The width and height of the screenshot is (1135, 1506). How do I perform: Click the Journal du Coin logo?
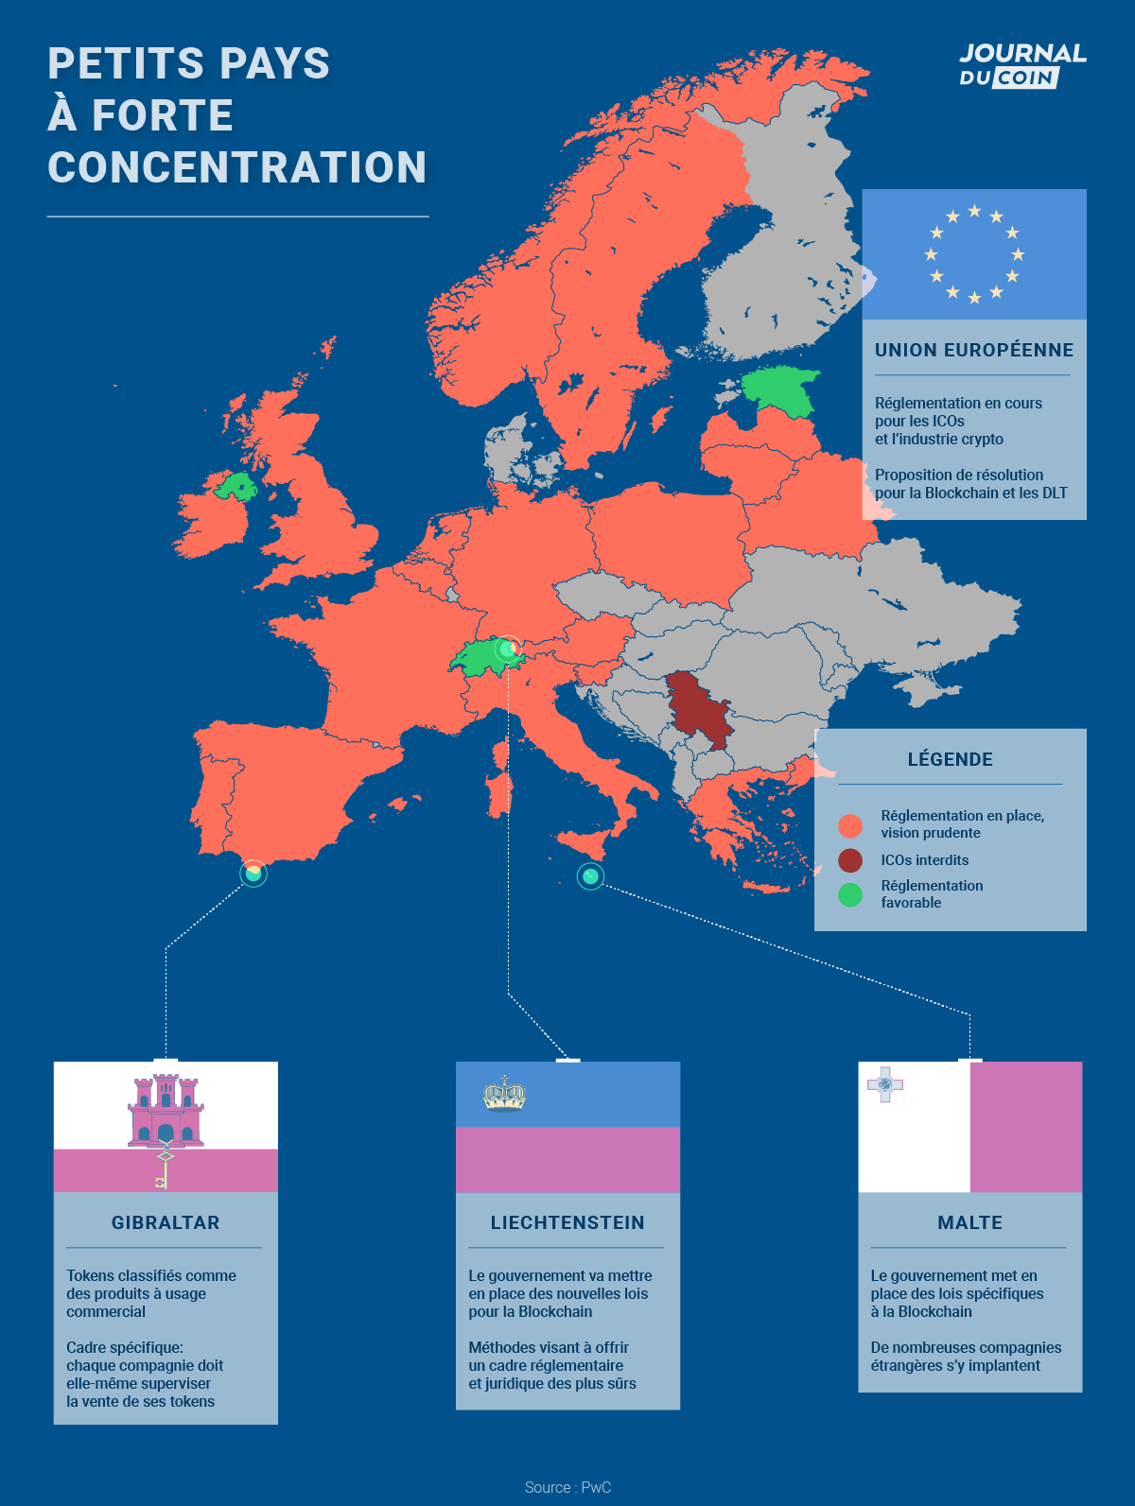tap(1022, 65)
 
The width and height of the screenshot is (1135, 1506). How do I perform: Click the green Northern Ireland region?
tap(236, 487)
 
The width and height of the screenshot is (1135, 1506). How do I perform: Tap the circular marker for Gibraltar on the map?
tap(253, 873)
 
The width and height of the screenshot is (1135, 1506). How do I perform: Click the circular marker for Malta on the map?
tap(590, 876)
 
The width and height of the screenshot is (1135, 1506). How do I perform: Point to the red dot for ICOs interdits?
tap(850, 860)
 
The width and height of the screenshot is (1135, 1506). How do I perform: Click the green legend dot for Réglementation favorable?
tap(850, 894)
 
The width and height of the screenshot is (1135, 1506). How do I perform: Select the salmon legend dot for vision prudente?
tap(850, 825)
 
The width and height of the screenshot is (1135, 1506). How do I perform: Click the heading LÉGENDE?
tap(950, 759)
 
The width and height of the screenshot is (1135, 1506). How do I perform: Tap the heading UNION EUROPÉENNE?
tap(973, 350)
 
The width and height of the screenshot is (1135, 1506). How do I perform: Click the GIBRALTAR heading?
tap(166, 1222)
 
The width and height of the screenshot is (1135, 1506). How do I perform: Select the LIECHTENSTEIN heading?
tap(567, 1222)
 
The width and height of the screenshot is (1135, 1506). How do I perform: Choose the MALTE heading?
tap(969, 1222)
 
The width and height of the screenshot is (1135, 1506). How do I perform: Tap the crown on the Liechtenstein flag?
tap(504, 1095)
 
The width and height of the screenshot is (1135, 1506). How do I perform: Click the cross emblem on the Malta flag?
tap(885, 1084)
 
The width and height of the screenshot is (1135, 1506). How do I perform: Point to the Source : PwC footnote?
tap(567, 1487)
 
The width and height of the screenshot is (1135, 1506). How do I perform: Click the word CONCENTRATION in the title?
tap(237, 167)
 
